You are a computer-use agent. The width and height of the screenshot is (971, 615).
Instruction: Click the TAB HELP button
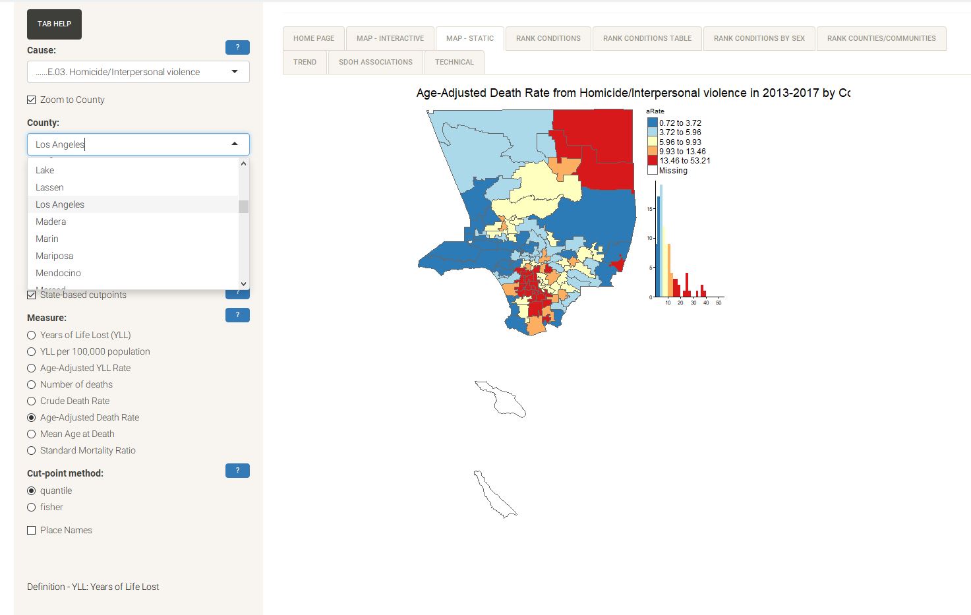coord(54,24)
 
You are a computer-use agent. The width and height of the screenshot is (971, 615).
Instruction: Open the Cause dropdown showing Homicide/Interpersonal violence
coord(138,72)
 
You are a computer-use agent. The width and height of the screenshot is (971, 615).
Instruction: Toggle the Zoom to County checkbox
coord(32,100)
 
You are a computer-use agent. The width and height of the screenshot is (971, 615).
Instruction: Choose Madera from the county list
coord(51,221)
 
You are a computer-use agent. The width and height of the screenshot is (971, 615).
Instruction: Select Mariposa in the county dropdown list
coord(54,256)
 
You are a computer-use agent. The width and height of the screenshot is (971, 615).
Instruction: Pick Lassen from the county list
coord(49,187)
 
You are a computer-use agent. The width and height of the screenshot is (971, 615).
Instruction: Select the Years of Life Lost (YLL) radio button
coord(32,335)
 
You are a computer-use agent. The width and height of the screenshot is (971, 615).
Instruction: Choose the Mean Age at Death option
coord(32,434)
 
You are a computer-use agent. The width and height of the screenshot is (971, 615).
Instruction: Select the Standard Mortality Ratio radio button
coord(32,450)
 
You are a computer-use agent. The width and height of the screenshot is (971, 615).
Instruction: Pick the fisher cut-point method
coord(32,507)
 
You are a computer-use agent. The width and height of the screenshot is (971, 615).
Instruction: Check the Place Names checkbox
coord(32,531)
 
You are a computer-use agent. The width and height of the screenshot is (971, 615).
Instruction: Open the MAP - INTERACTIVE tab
coord(390,38)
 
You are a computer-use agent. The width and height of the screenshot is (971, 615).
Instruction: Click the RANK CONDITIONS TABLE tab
coord(647,38)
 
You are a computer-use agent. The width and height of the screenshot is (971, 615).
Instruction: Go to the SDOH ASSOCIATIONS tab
coord(375,62)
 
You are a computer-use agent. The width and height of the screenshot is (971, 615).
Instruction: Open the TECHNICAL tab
coord(454,62)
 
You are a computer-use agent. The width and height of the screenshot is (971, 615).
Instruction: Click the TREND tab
coord(305,62)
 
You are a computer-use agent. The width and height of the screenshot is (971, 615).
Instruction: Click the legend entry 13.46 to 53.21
coord(684,161)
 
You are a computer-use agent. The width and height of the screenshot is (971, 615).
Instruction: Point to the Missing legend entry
coord(673,171)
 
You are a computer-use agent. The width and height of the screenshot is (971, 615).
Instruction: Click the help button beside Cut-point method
coord(237,471)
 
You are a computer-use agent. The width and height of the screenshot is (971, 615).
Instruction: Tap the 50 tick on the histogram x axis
coord(719,303)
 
